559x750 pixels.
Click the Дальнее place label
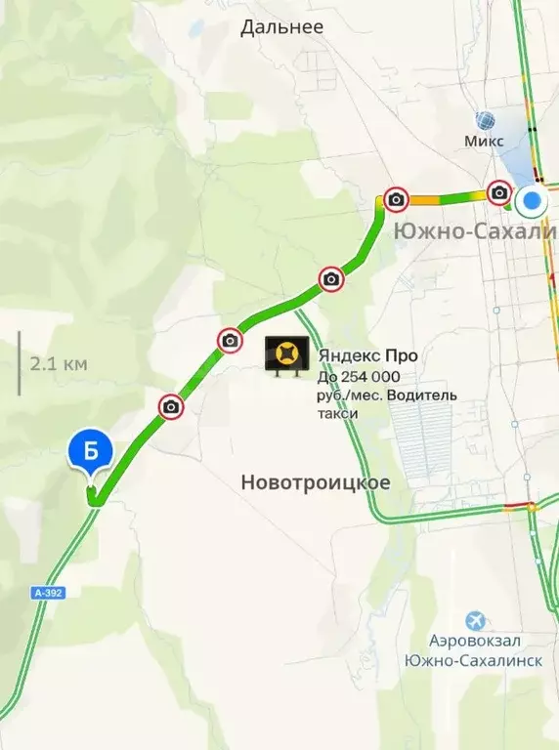[x=282, y=27]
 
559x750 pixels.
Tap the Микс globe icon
[x=486, y=121]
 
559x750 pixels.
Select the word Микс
[x=485, y=142]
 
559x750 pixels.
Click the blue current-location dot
[x=533, y=203]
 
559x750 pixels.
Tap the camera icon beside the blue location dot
[x=499, y=192]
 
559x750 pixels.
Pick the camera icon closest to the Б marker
[x=171, y=406]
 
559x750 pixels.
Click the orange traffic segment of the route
[x=424, y=200]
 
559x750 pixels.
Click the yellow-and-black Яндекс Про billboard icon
[x=288, y=356]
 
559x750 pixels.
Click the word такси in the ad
[x=337, y=413]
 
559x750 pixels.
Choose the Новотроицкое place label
[x=315, y=482]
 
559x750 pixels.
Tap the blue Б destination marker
[x=91, y=454]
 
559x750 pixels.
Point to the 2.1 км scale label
[x=59, y=364]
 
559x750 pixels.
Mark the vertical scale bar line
[x=19, y=363]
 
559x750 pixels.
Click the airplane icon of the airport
[x=475, y=620]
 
